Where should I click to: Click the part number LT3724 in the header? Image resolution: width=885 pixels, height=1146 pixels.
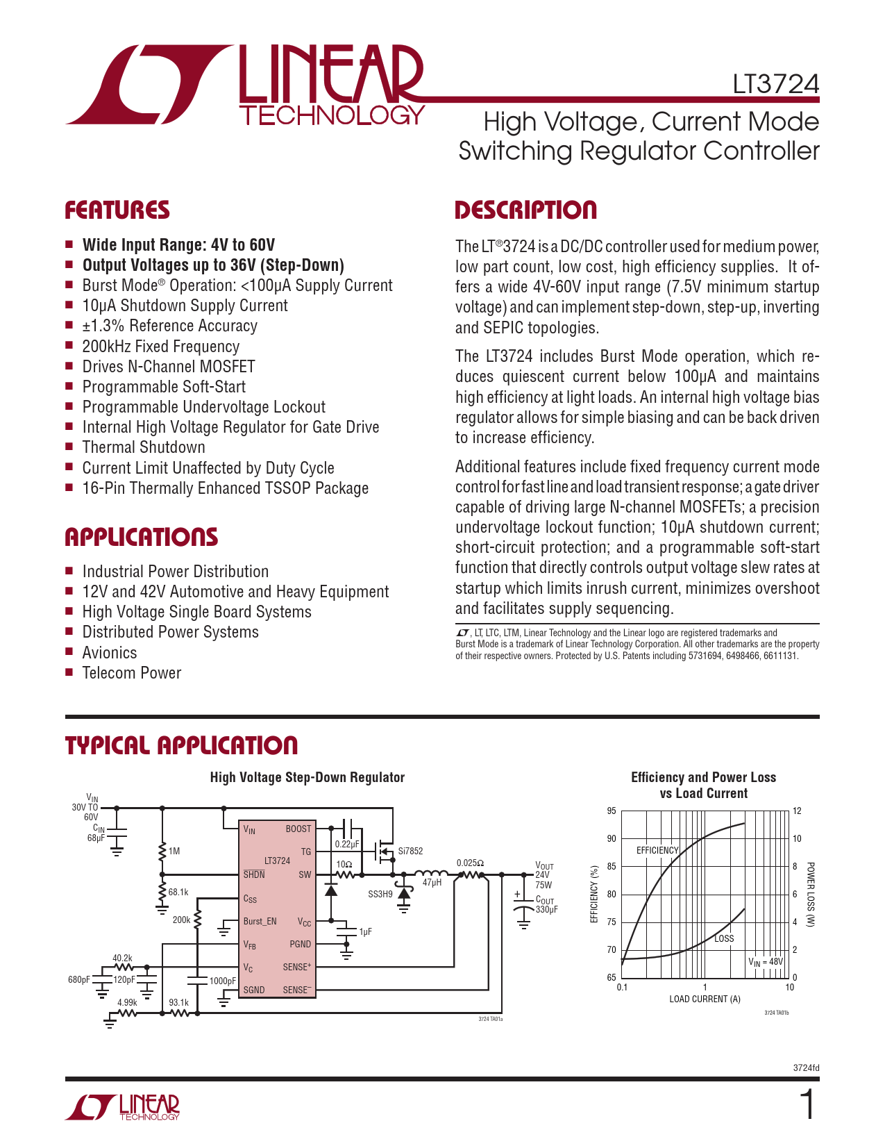click(x=775, y=84)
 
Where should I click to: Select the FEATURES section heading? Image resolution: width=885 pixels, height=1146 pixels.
click(x=117, y=210)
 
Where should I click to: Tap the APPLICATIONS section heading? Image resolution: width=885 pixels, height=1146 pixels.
click(x=141, y=537)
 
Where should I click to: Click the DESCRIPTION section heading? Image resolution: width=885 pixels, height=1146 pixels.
click(x=525, y=210)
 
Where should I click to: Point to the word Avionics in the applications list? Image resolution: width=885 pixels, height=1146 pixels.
click(x=110, y=653)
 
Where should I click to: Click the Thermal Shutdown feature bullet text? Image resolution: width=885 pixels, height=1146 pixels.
click(x=144, y=447)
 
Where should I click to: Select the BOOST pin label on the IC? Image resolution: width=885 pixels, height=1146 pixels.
click(x=298, y=829)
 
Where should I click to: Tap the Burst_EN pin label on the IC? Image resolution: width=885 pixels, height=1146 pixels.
click(x=260, y=922)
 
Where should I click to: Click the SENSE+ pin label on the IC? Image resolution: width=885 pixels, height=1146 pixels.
click(x=297, y=967)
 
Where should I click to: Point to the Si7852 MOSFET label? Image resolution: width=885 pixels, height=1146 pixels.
click(x=410, y=851)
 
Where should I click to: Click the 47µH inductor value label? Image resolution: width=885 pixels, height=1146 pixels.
click(x=432, y=882)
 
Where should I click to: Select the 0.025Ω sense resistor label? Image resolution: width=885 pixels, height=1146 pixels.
click(x=470, y=863)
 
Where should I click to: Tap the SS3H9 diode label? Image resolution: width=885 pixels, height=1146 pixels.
click(x=380, y=894)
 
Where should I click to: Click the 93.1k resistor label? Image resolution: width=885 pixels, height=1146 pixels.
click(x=178, y=1002)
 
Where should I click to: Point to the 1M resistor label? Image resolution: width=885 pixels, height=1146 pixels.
click(x=174, y=851)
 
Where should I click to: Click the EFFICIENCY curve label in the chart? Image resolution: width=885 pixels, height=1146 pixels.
click(x=657, y=850)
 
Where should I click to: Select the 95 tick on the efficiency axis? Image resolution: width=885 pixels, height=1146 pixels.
click(x=612, y=811)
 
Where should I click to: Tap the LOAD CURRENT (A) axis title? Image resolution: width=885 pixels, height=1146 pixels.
click(x=705, y=999)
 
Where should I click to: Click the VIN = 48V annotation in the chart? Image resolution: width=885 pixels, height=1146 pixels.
click(x=765, y=962)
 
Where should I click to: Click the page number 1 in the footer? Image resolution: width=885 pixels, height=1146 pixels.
click(x=807, y=1105)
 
